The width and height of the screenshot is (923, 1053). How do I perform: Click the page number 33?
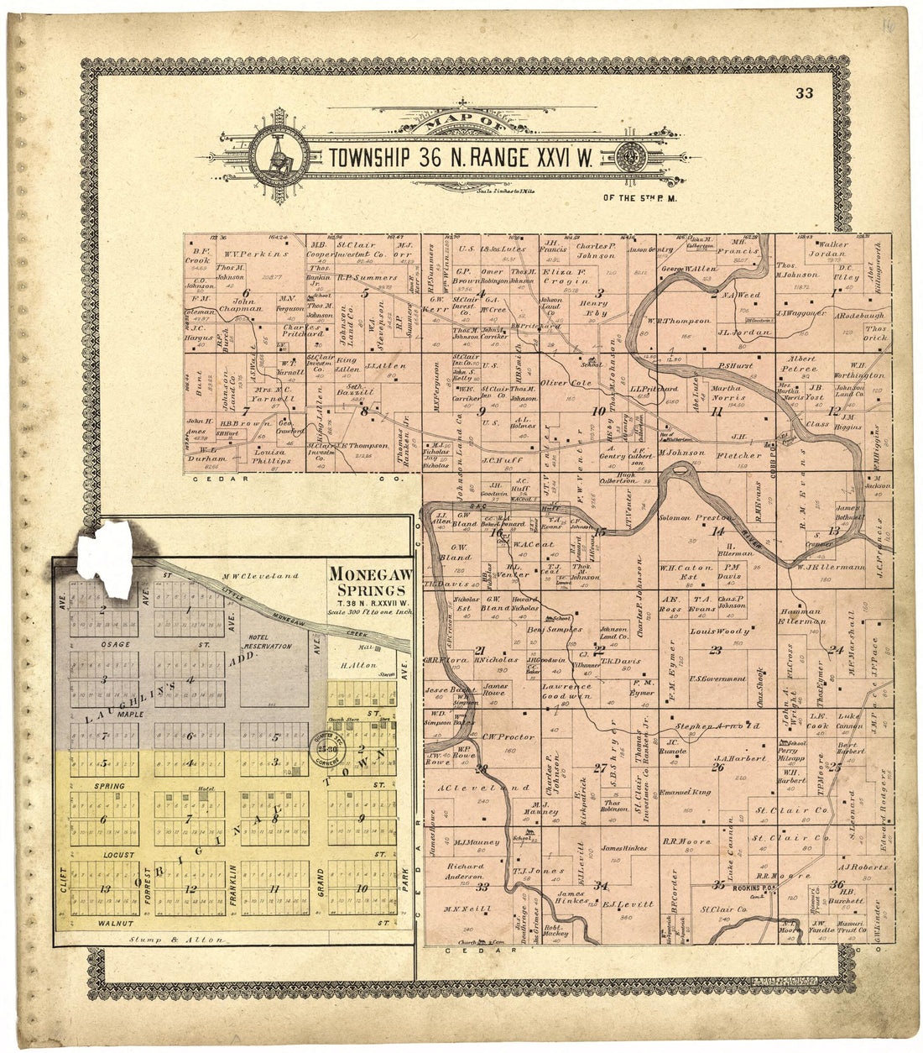point(805,93)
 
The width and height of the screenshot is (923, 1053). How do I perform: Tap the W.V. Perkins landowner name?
point(255,253)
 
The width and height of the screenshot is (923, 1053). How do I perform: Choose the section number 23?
point(716,650)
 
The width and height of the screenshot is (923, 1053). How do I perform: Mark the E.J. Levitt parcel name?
point(628,905)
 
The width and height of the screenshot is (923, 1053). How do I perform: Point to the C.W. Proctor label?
point(508,737)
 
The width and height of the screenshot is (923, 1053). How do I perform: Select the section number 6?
point(246,291)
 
